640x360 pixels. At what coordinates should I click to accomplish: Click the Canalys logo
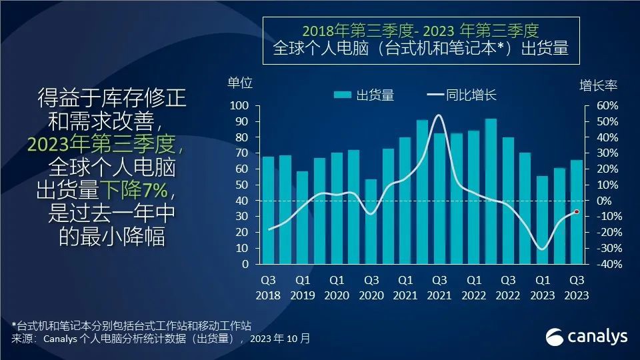[587, 337]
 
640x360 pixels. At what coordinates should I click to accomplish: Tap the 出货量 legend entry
[365, 95]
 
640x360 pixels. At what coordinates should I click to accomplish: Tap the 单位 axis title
[240, 83]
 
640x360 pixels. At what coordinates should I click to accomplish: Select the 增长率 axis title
[598, 85]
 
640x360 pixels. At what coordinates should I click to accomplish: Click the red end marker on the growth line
[577, 212]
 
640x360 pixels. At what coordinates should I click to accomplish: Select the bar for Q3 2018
[268, 210]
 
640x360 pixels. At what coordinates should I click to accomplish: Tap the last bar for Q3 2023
[577, 212]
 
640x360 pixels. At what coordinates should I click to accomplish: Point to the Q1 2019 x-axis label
[303, 287]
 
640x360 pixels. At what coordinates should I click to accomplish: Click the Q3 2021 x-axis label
[439, 287]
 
